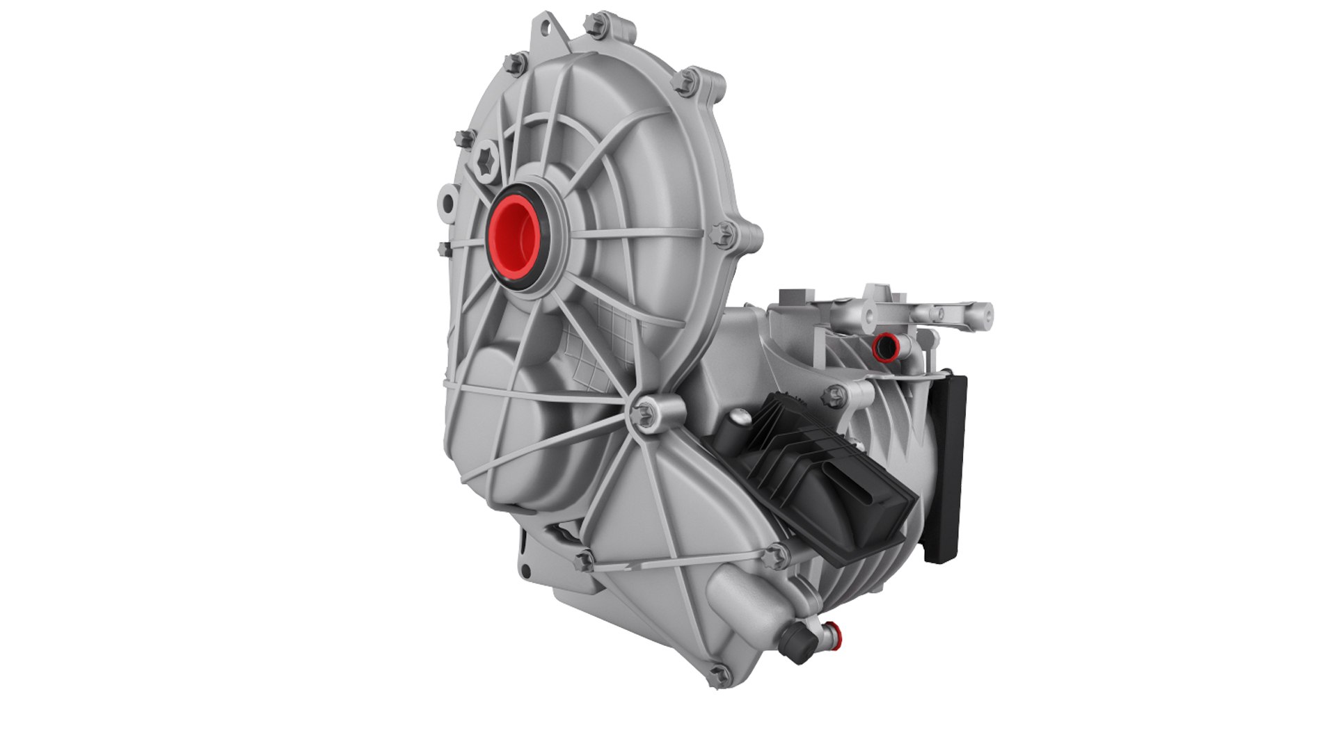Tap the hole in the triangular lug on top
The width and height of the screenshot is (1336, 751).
click(x=548, y=31)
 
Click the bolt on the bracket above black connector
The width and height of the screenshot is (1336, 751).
click(x=832, y=397)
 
